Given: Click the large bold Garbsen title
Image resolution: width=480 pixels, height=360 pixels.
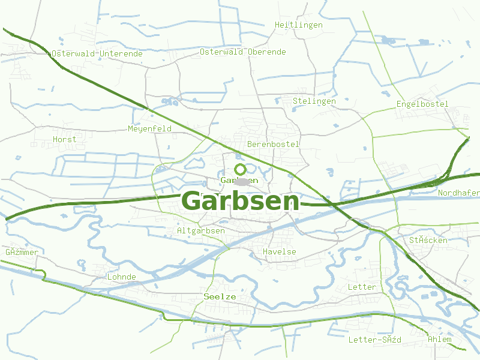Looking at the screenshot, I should point(240,201).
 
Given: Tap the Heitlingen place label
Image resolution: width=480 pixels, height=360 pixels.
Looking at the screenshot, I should point(298,25).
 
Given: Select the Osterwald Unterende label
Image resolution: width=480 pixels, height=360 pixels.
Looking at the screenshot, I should point(97,53).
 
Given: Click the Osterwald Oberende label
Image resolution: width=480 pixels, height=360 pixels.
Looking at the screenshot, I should point(243,52).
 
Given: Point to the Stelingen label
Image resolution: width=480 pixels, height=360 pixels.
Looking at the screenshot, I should point(314,101).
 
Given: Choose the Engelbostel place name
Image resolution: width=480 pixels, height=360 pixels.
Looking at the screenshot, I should point(422,104).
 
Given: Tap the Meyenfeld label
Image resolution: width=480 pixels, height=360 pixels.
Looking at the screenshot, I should point(149,129).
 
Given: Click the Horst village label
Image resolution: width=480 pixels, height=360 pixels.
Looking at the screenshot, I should point(65,140).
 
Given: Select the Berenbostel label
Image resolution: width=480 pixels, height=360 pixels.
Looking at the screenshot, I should point(273,145).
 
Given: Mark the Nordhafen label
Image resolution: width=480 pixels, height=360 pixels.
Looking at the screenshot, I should point(459,193).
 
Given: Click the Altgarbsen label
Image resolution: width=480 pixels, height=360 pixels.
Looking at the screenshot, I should point(202,231).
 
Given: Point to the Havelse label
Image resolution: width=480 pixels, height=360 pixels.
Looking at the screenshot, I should point(280,252).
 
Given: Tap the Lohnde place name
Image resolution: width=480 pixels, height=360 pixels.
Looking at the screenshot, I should point(121,277).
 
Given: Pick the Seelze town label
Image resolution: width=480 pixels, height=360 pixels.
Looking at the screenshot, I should point(220,297).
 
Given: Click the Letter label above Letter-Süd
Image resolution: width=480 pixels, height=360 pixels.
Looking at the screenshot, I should point(362,287).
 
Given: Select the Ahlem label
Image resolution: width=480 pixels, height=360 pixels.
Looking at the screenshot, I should point(440,340).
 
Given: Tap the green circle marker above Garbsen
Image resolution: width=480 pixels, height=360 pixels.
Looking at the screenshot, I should point(240,169).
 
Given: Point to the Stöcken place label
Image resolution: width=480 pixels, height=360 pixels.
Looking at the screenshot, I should point(428,241).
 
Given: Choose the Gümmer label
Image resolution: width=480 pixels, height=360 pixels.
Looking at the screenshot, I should point(22,253).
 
